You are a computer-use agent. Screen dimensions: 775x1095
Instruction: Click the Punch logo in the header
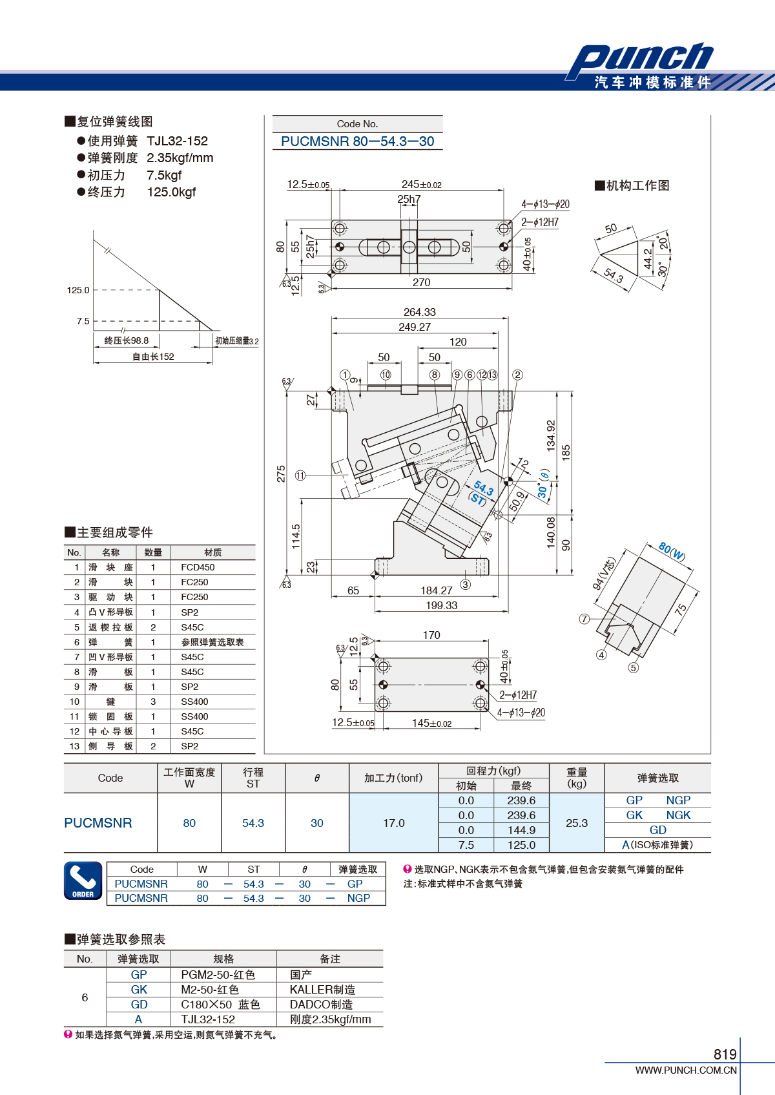pyautogui.click(x=640, y=57)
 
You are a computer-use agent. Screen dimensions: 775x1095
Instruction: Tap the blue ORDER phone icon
pyautogui.click(x=83, y=881)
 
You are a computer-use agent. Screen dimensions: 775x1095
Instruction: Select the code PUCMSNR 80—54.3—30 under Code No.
pyautogui.click(x=357, y=141)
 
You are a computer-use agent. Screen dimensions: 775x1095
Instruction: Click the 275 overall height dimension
pyautogui.click(x=281, y=474)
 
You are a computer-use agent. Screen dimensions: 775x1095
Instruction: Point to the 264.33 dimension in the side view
pyautogui.click(x=419, y=312)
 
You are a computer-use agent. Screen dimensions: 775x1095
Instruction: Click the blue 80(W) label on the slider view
pyautogui.click(x=672, y=551)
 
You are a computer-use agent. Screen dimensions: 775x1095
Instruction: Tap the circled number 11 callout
pyautogui.click(x=300, y=475)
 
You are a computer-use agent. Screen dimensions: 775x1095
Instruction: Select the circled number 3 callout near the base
pyautogui.click(x=466, y=584)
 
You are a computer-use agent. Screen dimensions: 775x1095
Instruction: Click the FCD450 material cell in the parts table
pyautogui.click(x=198, y=567)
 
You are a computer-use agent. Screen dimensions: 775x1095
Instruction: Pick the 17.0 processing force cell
pyautogui.click(x=394, y=823)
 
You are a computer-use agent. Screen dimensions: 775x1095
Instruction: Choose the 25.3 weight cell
pyautogui.click(x=577, y=823)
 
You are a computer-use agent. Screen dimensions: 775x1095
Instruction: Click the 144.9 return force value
pyautogui.click(x=521, y=830)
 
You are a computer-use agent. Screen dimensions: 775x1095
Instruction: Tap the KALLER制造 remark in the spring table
pyautogui.click(x=322, y=990)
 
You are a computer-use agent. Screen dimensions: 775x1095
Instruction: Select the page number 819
pyautogui.click(x=725, y=1054)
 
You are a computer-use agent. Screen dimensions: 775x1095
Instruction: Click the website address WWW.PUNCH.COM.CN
pyautogui.click(x=686, y=1070)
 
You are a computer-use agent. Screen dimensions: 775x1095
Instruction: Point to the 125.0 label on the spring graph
pyautogui.click(x=78, y=290)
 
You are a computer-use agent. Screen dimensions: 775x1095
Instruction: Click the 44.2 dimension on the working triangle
pyautogui.click(x=648, y=258)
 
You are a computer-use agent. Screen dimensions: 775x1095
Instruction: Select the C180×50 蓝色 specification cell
pyautogui.click(x=220, y=1005)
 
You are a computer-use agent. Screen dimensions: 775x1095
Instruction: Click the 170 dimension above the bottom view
pyautogui.click(x=431, y=635)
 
